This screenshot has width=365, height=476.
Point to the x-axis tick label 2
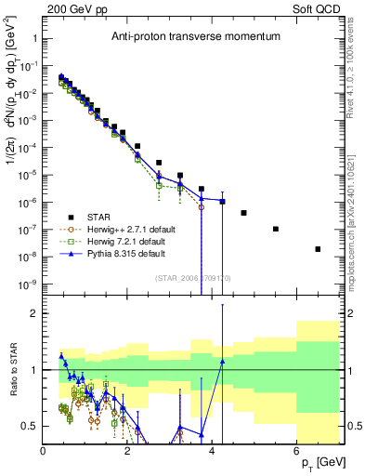[128, 451]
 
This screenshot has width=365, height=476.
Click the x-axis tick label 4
[213, 451]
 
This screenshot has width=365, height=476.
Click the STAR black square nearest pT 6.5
[318, 248]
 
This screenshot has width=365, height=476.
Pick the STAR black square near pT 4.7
[243, 213]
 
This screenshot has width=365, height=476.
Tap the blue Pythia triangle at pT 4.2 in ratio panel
[222, 362]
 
